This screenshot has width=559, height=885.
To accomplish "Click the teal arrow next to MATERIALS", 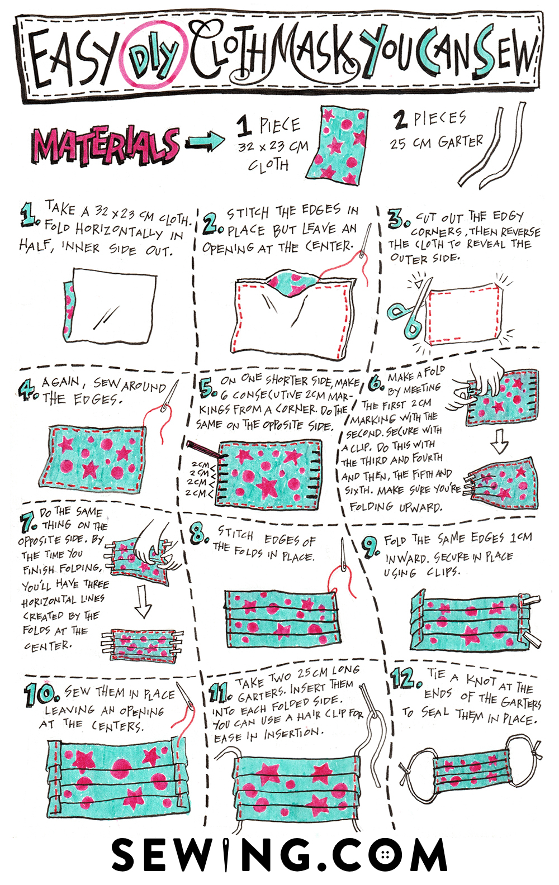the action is tap(205, 140).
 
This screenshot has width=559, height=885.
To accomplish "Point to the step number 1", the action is tap(29, 215).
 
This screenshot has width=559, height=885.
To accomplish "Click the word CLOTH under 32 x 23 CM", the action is tap(268, 164).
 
